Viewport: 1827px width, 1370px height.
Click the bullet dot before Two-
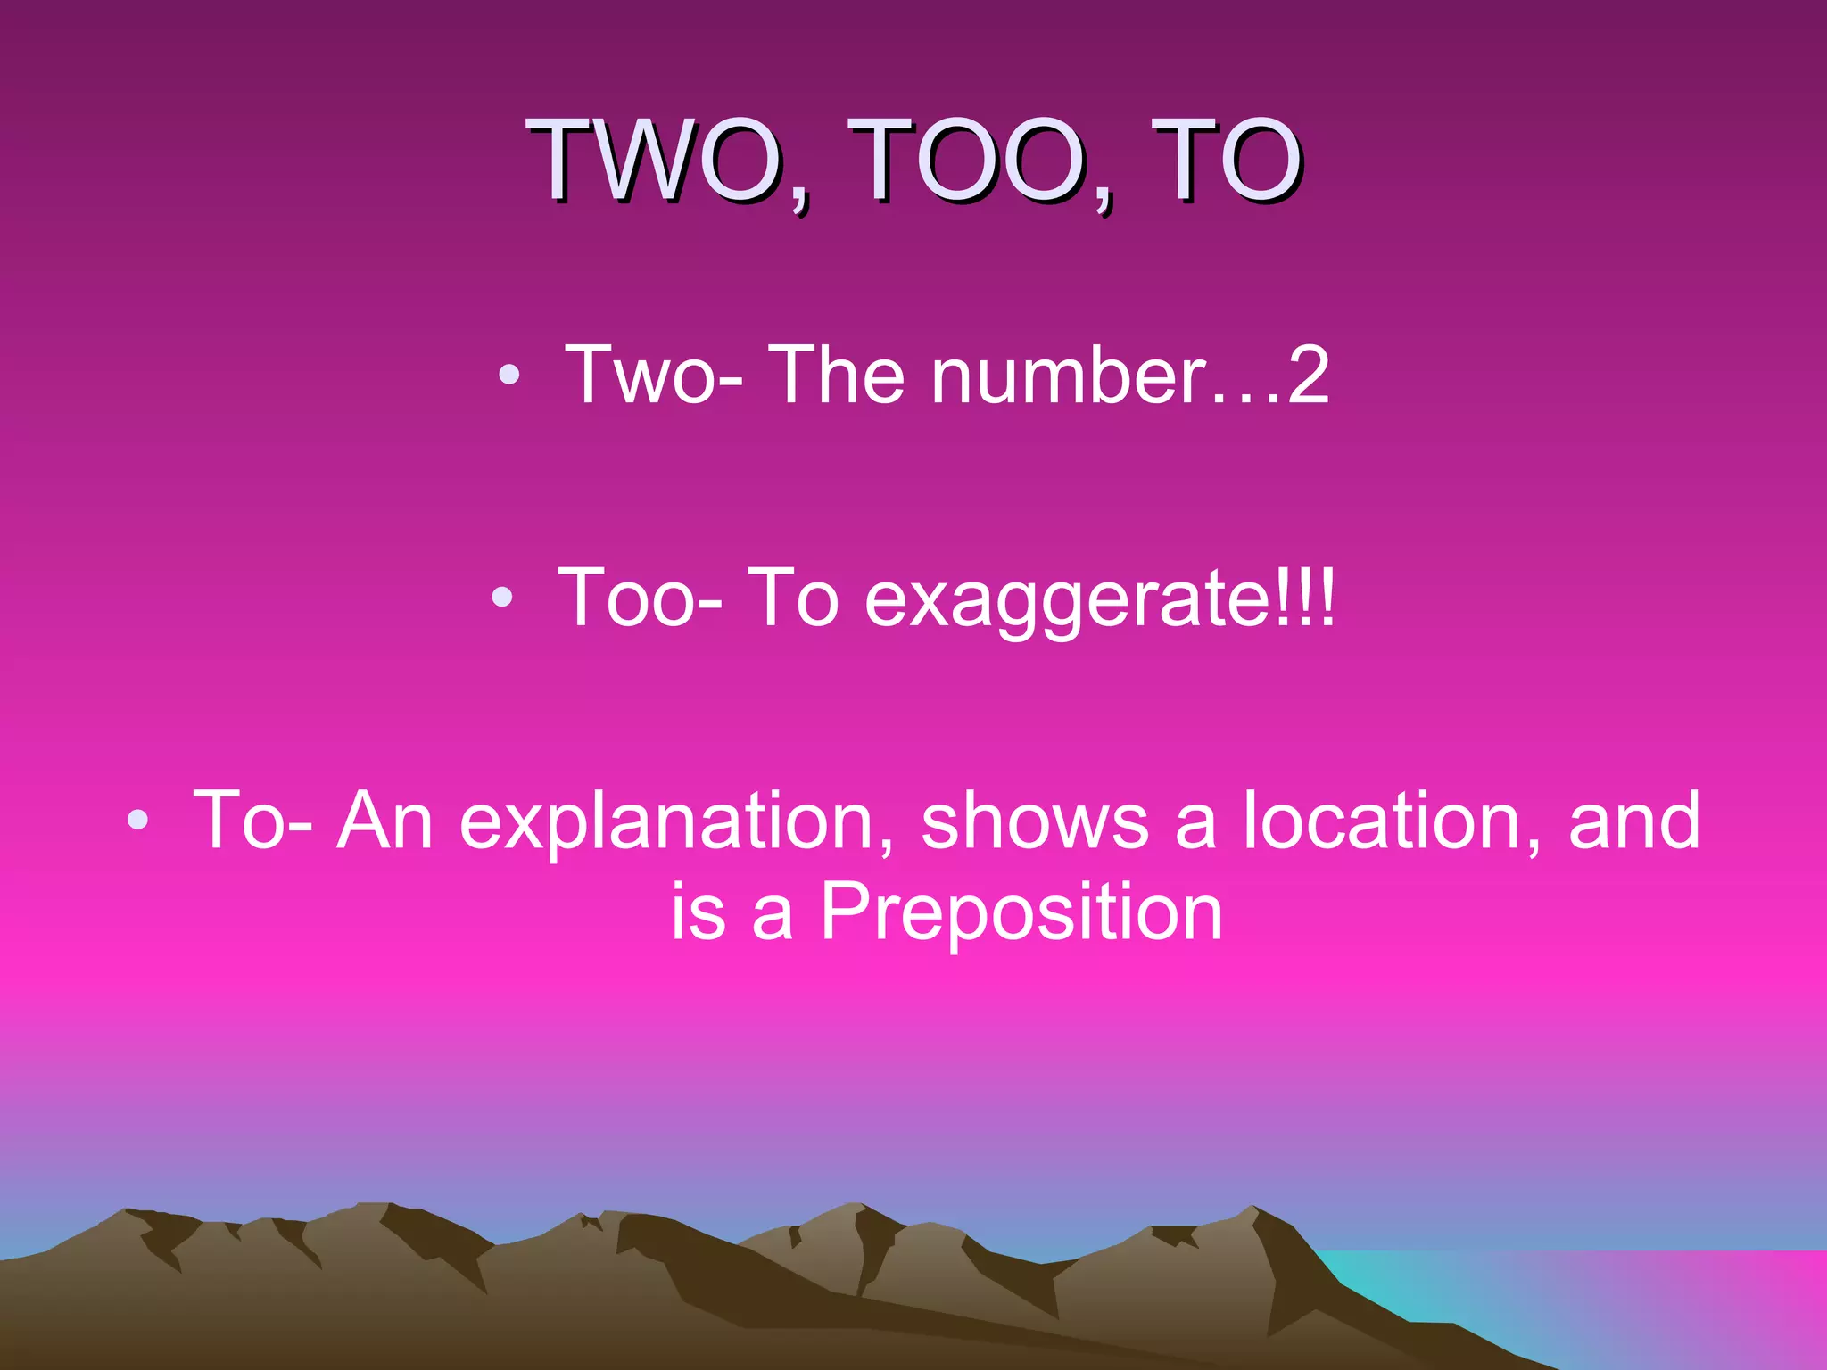[x=508, y=376]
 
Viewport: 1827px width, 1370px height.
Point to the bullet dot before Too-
[x=502, y=598]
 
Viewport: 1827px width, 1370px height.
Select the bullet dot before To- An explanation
[x=136, y=821]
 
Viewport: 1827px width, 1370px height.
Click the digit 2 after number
[x=1307, y=376]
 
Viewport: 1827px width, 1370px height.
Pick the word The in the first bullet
[x=836, y=376]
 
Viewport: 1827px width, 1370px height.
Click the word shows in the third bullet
[x=1035, y=821]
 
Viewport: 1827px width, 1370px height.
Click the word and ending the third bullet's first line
[x=1634, y=821]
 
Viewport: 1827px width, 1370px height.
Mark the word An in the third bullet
[x=384, y=821]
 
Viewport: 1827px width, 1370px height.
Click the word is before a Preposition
[x=699, y=912]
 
